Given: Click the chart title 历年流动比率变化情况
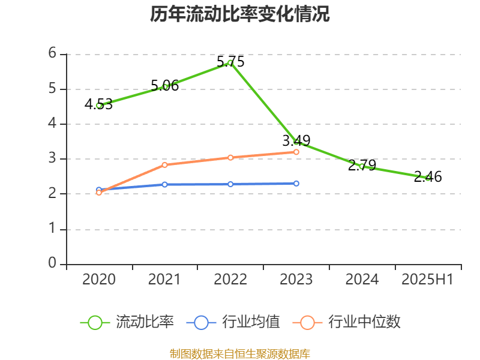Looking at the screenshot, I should coord(240,14).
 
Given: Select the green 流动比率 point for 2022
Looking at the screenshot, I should coord(230,62).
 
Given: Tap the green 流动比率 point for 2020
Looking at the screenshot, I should coord(99,105).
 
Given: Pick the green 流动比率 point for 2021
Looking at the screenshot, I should coord(165,86).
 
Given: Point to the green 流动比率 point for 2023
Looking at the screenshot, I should coord(296,142).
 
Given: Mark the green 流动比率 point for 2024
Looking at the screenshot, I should coord(362,166).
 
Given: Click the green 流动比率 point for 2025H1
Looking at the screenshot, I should coord(428,178).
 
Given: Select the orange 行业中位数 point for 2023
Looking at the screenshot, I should coord(296,152).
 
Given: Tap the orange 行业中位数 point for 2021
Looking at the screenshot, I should coord(165,164).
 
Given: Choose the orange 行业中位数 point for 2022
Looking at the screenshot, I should coord(230,157).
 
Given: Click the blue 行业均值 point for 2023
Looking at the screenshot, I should coord(296,183).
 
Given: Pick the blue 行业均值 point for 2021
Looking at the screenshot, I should coord(165,184).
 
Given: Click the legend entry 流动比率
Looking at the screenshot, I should coord(127,322).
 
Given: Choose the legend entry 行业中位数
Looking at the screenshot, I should coord(347,322).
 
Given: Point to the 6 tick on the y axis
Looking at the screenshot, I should coord(52,53).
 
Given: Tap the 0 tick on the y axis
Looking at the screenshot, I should coord(52,263).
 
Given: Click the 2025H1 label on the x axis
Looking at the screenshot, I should coord(428,280).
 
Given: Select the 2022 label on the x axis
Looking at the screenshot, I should coord(230,280).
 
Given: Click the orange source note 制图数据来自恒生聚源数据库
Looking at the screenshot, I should coord(240,353).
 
